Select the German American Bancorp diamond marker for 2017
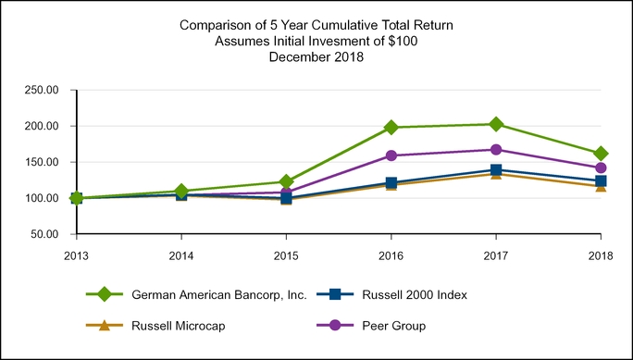coord(496,124)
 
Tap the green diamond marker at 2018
coord(601,154)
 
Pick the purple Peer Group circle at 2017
coord(496,150)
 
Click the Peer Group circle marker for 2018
coord(601,168)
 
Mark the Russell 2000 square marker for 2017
coord(496,170)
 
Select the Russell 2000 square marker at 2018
coord(601,181)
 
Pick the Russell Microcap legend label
coord(178,326)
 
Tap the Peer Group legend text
coord(393,326)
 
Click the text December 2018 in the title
coord(316,56)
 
